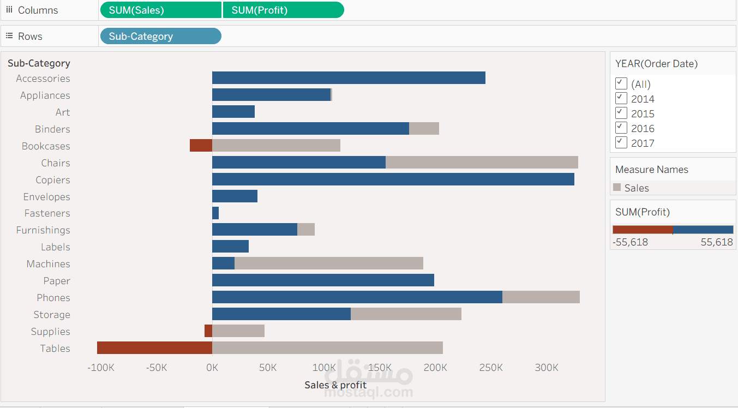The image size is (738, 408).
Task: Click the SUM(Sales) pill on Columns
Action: click(x=161, y=10)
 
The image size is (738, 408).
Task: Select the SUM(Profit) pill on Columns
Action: click(x=283, y=10)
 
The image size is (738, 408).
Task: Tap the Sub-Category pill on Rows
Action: click(x=160, y=37)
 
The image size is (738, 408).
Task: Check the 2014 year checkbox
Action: click(x=621, y=98)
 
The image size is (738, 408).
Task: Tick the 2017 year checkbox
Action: click(x=621, y=142)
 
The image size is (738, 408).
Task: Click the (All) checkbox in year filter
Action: click(x=621, y=83)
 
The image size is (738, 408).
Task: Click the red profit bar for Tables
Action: click(x=154, y=348)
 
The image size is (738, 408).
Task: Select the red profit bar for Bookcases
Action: click(x=201, y=146)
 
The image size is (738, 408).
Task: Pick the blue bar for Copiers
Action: click(x=393, y=179)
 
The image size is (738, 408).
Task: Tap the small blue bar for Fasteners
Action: click(x=215, y=213)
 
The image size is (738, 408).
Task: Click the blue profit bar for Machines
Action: click(x=223, y=264)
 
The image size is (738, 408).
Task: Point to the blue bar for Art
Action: click(x=233, y=112)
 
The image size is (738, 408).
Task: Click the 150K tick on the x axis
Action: click(x=379, y=368)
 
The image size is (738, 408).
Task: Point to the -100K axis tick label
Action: click(x=101, y=368)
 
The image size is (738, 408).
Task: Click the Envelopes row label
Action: click(x=46, y=197)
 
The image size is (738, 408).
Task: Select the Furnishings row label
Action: click(x=43, y=230)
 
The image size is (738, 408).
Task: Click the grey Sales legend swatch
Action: click(x=617, y=187)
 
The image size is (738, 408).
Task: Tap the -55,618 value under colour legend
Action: click(x=630, y=242)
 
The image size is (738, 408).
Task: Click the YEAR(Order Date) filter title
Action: click(x=656, y=64)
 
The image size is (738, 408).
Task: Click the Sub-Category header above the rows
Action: click(x=39, y=64)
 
